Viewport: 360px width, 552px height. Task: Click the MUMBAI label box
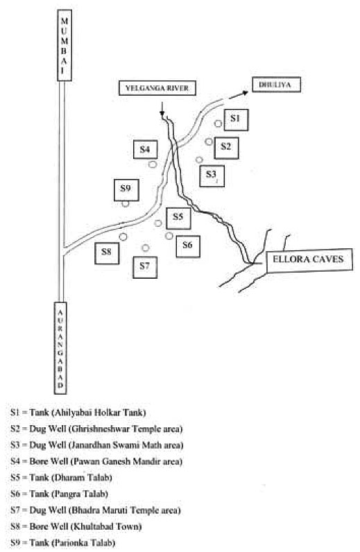65,45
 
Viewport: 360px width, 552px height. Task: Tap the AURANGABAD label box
60,347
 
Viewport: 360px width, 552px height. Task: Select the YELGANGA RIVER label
157,88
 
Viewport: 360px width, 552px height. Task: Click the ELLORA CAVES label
309,260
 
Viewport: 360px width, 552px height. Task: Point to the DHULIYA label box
277,85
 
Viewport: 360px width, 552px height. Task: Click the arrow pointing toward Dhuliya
239,95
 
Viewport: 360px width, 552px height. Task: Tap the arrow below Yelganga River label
162,109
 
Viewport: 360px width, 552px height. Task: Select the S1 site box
236,119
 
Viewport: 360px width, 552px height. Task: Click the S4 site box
145,149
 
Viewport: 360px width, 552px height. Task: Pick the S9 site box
126,190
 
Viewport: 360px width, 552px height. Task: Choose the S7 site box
145,267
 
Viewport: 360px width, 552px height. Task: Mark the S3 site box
212,175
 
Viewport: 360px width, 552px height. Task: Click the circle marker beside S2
209,141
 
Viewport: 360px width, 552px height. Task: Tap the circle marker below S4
153,164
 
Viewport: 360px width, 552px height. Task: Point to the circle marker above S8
123,236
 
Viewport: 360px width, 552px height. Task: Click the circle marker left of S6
169,236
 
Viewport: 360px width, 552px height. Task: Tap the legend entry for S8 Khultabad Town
76,526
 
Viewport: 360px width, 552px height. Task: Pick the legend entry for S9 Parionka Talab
62,543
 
